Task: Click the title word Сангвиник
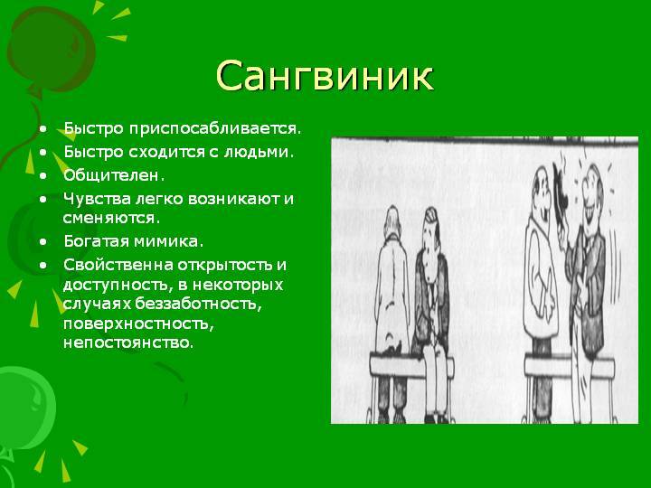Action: pos(325,77)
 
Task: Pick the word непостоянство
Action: pos(127,344)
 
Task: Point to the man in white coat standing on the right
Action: pos(541,271)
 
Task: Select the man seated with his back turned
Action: pos(391,289)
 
